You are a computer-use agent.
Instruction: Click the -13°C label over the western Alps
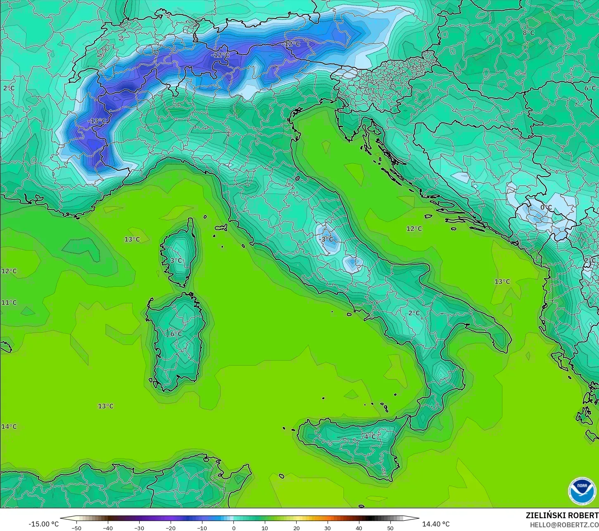tap(97, 121)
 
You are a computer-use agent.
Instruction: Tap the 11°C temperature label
tap(9, 302)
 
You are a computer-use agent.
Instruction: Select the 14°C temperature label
tap(9, 426)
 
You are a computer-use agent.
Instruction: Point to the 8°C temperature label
tap(528, 33)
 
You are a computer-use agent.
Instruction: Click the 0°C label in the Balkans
tap(546, 208)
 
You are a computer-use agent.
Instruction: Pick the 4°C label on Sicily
tap(370, 436)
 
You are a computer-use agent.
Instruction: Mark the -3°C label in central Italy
tap(327, 239)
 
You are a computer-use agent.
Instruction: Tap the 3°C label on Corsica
tap(176, 260)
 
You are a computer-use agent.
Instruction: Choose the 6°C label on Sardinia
tap(176, 334)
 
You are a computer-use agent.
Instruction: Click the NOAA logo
tap(582, 491)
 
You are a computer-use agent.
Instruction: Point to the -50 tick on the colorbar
tap(76, 528)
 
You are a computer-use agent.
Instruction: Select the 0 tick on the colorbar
tap(233, 528)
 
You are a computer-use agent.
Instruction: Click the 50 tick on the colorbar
tap(390, 528)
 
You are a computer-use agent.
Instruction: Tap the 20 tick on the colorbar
tap(296, 528)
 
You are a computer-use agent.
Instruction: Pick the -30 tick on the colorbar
tap(139, 528)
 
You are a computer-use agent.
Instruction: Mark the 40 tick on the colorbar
tap(359, 528)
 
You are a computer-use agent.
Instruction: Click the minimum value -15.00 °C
tap(43, 524)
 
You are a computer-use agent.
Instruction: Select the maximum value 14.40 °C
tap(436, 524)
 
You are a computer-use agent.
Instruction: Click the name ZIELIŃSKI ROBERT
tap(562, 515)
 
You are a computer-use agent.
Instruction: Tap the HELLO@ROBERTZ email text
tap(564, 524)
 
